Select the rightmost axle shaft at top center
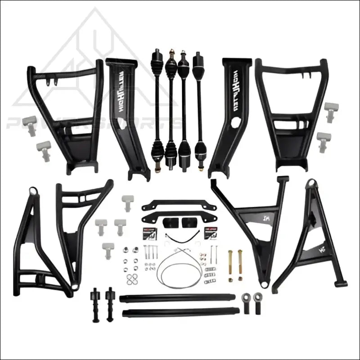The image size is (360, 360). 198,108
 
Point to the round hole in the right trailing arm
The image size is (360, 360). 235,124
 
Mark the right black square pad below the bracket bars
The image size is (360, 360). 186,222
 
